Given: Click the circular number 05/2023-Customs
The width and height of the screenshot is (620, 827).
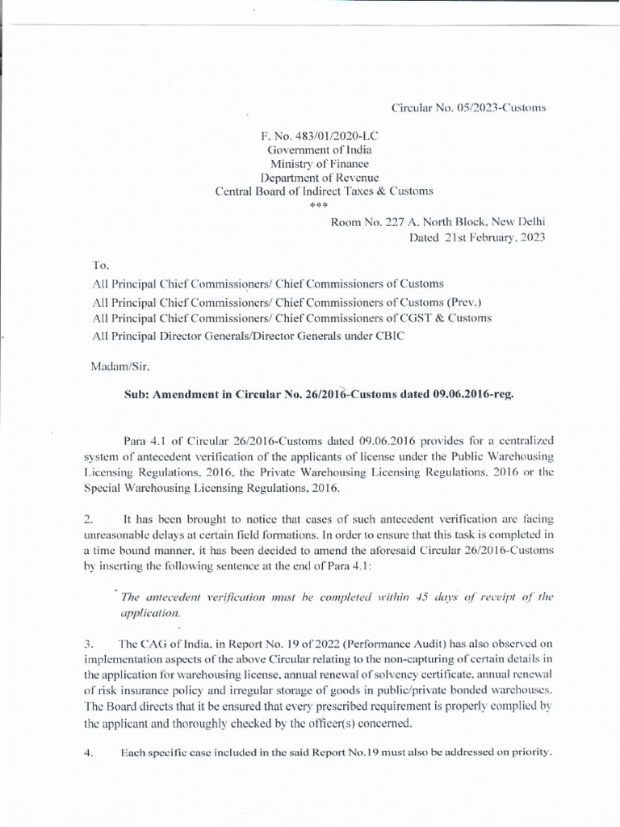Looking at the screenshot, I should tap(458, 107).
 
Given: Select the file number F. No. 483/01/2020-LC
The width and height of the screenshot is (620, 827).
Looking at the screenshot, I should tap(320, 136).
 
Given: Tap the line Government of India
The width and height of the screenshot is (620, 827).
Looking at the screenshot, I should tap(320, 149).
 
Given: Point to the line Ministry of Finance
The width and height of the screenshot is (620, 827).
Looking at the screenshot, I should tap(320, 163).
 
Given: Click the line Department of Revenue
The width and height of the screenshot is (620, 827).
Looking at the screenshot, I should tap(320, 177).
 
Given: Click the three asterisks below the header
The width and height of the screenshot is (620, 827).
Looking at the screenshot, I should tap(320, 205).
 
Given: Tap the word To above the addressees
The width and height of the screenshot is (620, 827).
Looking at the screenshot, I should tap(100, 266).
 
